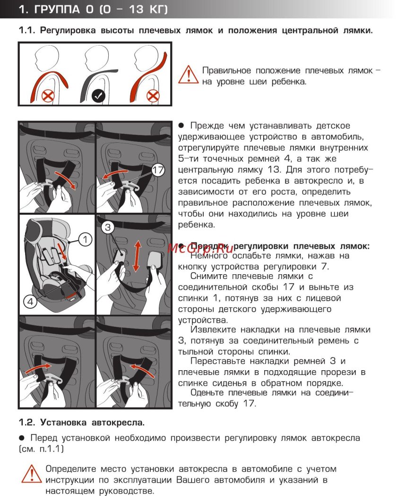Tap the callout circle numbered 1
coord(85,240)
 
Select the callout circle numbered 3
coord(108,227)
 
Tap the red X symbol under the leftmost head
coord(48,96)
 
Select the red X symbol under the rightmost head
coord(153,96)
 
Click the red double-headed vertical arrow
coord(136,256)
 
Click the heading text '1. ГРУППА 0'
coord(66,9)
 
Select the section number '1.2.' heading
coord(27,421)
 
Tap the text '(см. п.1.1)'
coord(41,448)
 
